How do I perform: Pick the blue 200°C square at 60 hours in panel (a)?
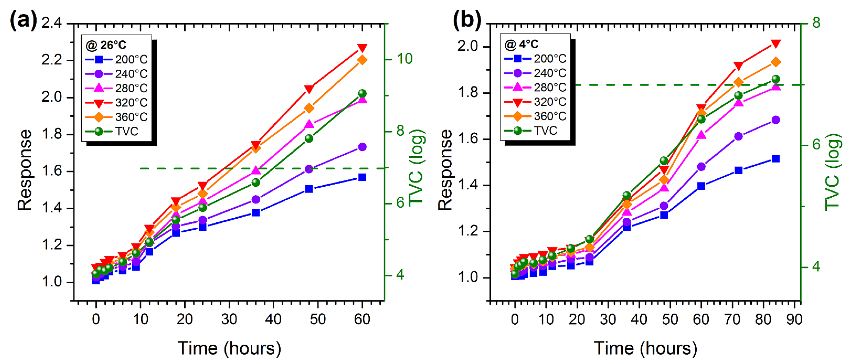(x=362, y=178)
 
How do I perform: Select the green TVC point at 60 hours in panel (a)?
(x=362, y=93)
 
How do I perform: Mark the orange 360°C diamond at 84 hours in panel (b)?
(x=776, y=62)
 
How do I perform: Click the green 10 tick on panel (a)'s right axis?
(x=404, y=59)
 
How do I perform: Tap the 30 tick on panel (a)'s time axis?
(x=229, y=319)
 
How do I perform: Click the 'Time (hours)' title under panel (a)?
(x=229, y=348)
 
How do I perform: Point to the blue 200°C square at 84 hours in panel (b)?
(x=776, y=159)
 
